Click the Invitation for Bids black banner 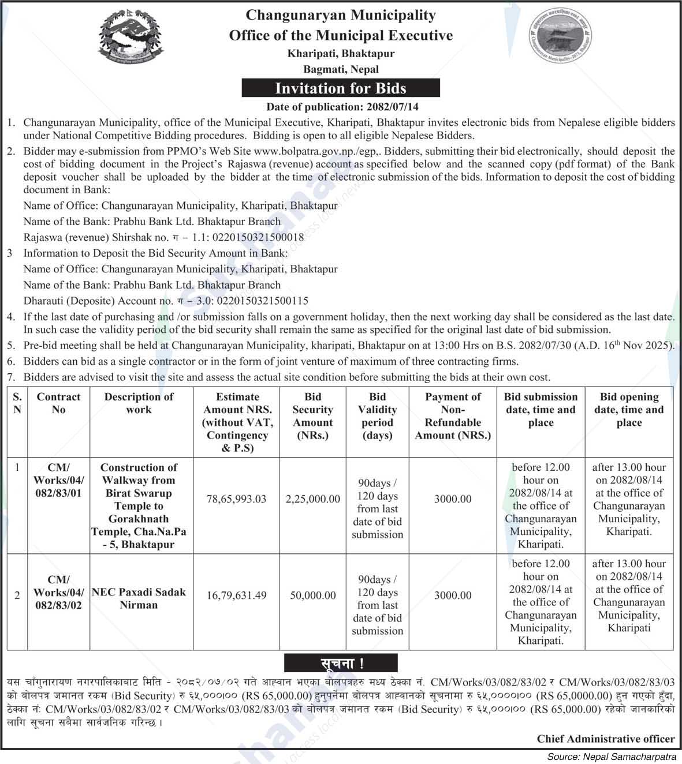[341, 88]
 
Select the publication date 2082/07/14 [392, 107]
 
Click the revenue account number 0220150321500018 [259, 237]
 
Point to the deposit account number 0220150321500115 [260, 301]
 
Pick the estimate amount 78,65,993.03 [237, 499]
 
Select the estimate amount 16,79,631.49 [237, 596]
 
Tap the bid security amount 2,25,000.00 [312, 499]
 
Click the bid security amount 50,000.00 [312, 596]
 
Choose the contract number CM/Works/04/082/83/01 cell [58, 480]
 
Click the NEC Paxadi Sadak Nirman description [139, 598]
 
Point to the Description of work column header [139, 403]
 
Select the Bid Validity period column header [377, 416]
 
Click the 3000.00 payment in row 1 [453, 499]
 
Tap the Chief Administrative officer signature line [605, 739]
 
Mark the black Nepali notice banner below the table [341, 664]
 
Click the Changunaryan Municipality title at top [341, 15]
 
